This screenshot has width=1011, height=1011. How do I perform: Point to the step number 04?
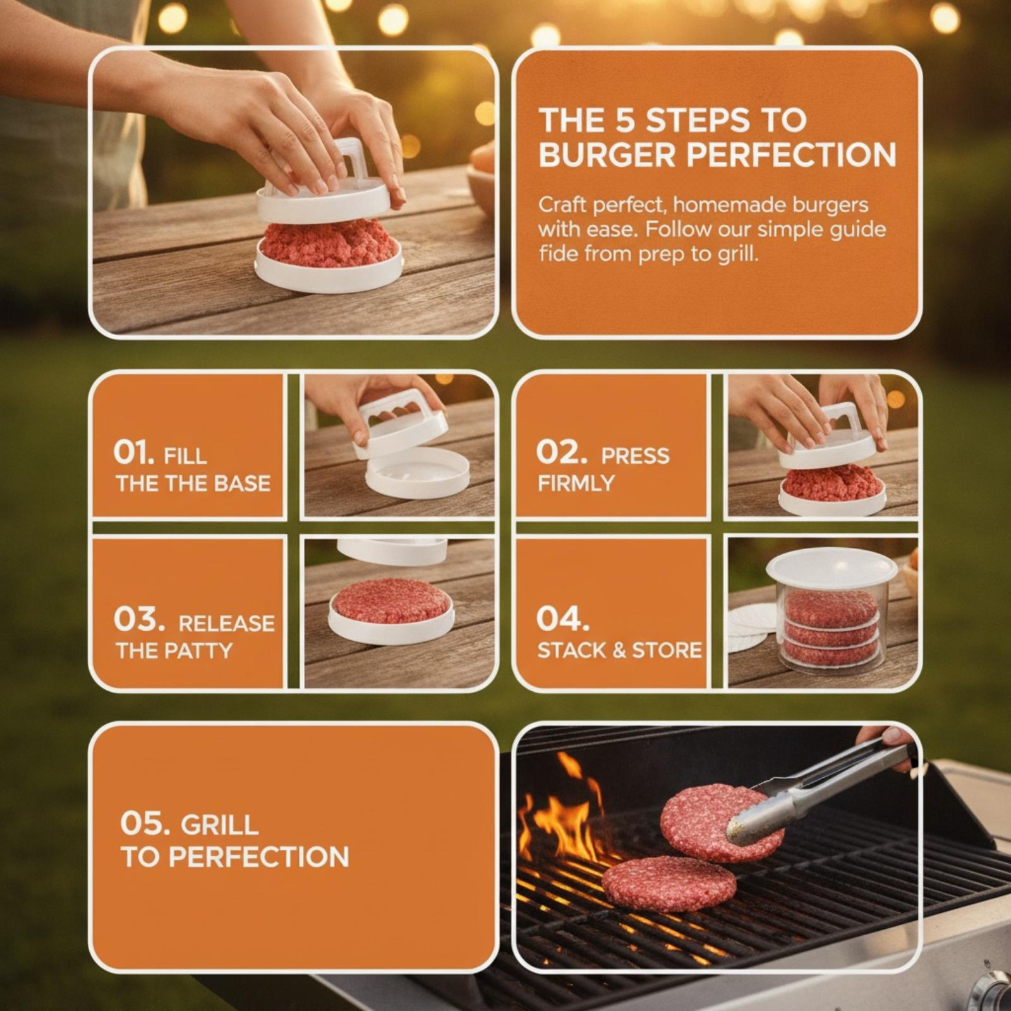point(562,619)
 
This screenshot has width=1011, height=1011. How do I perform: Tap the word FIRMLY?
point(576,483)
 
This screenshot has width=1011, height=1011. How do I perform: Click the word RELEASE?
point(227,624)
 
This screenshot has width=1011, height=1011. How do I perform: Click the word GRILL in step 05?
point(219,825)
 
